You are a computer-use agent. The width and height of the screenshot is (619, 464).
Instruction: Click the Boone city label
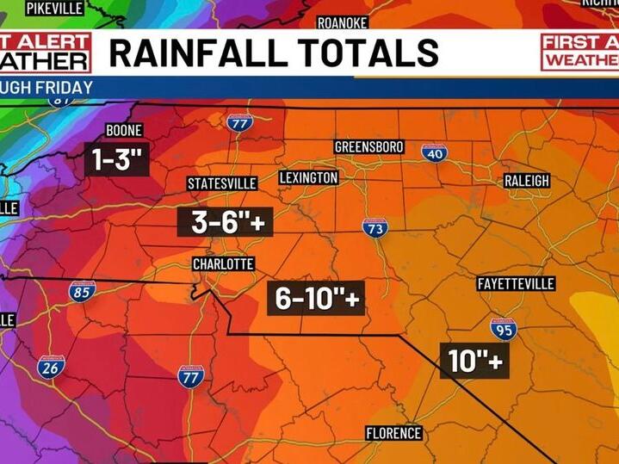tap(123, 131)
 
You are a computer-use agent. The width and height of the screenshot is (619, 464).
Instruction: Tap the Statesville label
tap(222, 183)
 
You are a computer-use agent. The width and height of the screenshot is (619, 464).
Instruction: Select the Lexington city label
tap(308, 177)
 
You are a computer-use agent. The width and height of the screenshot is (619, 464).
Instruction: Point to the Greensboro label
tap(368, 147)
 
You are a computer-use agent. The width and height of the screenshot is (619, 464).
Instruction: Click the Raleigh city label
tap(526, 181)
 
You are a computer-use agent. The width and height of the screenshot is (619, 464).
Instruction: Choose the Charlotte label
tap(223, 263)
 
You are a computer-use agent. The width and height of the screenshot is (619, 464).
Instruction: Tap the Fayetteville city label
tap(516, 284)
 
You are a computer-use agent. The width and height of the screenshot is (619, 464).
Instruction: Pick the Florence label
tap(393, 433)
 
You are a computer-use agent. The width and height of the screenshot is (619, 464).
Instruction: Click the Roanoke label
tap(343, 22)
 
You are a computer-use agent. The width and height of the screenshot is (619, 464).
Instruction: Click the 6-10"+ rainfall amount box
tap(315, 298)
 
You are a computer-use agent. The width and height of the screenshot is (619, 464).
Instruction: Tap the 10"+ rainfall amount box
tap(474, 361)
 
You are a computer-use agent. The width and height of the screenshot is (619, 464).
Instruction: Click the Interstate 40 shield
tap(434, 152)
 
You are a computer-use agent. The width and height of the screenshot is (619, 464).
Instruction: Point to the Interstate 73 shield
tap(374, 227)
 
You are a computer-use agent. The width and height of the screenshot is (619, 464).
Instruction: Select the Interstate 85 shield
tap(82, 291)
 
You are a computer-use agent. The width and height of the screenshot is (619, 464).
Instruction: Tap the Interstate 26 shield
tap(51, 368)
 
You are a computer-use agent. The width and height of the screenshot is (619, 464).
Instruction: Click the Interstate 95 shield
tap(504, 328)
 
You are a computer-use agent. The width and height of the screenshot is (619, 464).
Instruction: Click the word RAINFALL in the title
tap(197, 53)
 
